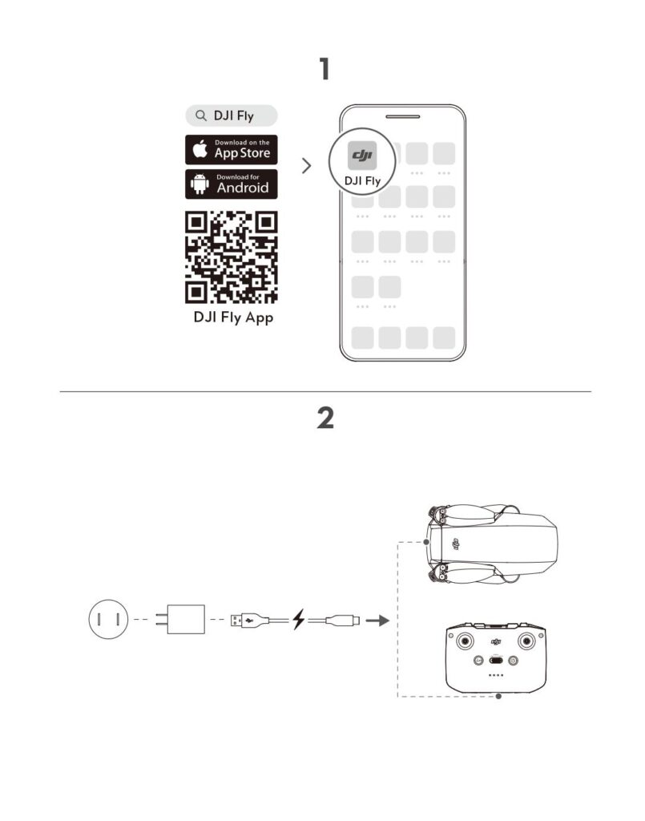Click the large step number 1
pyautogui.click(x=325, y=69)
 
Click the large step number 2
pyautogui.click(x=325, y=418)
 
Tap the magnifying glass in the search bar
pyautogui.click(x=201, y=115)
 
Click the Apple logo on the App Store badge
pyautogui.click(x=200, y=149)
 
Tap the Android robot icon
pyautogui.click(x=200, y=184)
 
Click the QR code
pyautogui.click(x=232, y=257)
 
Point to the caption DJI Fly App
pyautogui.click(x=233, y=317)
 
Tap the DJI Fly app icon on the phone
pyautogui.click(x=362, y=156)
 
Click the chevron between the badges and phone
pyautogui.click(x=307, y=165)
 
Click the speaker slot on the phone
pyautogui.click(x=403, y=116)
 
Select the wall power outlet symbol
pyautogui.click(x=108, y=620)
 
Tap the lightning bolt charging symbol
pyautogui.click(x=298, y=620)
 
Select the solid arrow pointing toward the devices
pyautogui.click(x=377, y=621)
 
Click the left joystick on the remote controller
pyautogui.click(x=464, y=641)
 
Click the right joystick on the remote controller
pyautogui.click(x=526, y=641)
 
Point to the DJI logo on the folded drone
pyautogui.click(x=455, y=544)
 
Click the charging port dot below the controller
pyautogui.click(x=498, y=697)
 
